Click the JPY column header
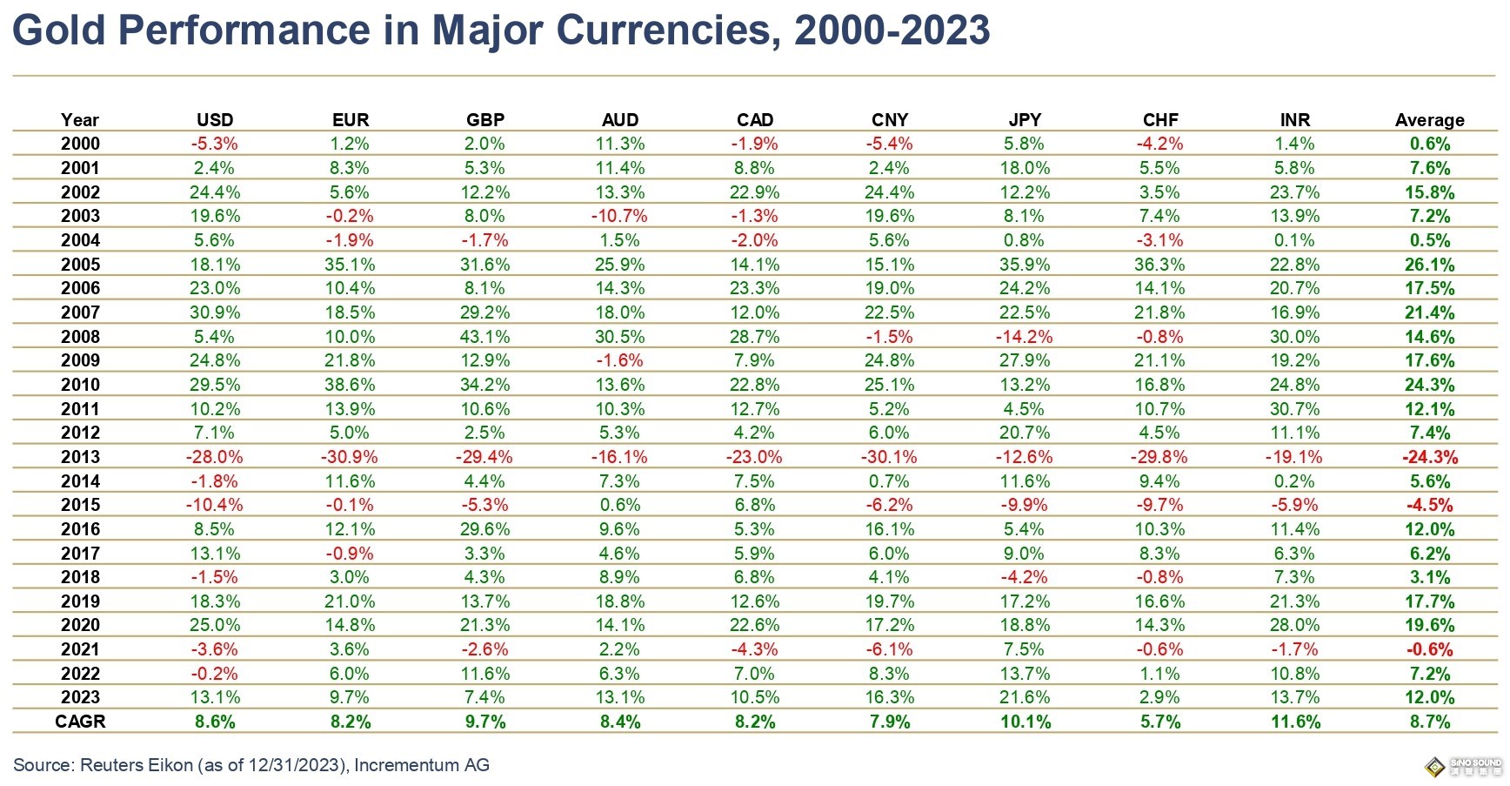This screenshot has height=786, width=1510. click(x=1025, y=120)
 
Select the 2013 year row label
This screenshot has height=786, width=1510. click(x=80, y=457)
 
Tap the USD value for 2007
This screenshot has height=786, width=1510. click(x=215, y=312)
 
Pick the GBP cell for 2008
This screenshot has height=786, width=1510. click(x=484, y=337)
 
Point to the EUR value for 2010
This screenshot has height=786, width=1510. click(x=351, y=385)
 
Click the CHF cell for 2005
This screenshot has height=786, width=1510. click(x=1160, y=265)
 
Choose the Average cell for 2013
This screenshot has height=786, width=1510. click(x=1429, y=457)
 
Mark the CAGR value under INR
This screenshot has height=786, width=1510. click(x=1295, y=722)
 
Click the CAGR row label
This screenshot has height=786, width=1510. click(x=80, y=722)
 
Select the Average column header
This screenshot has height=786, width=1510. click(x=1429, y=120)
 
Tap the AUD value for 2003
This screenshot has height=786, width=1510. click(x=619, y=216)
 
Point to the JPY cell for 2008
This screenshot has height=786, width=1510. click(x=1025, y=337)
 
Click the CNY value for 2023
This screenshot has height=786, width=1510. click(x=890, y=697)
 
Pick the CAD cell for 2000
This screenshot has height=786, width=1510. click(x=754, y=144)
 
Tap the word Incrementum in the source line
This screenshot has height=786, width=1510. click(x=406, y=765)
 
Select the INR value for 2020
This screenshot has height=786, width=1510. click(x=1295, y=625)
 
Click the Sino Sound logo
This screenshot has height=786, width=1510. click(x=1465, y=767)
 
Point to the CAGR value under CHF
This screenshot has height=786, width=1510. click(x=1160, y=722)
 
